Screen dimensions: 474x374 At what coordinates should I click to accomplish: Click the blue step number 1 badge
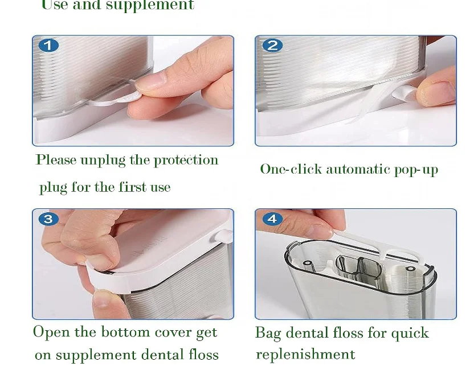pos(48,46)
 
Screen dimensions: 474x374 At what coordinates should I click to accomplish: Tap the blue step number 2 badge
pos(272,46)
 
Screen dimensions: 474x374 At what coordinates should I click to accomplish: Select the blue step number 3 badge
pos(48,219)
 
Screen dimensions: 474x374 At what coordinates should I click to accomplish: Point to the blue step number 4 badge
pos(272,219)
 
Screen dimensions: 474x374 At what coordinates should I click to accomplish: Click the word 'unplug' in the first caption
pos(103,160)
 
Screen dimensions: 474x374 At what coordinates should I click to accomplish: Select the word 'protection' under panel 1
pos(186,160)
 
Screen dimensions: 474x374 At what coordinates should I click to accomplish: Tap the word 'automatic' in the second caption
pos(358,169)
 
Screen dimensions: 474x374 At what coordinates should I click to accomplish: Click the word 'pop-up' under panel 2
pos(416,170)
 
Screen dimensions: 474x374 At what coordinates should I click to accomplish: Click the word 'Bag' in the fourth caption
pos(268,333)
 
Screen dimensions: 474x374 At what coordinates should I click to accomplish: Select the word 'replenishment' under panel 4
pos(305,354)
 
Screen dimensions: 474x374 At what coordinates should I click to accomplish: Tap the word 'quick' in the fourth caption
pos(410,333)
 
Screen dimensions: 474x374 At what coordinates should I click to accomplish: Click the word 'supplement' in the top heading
pos(150,5)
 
